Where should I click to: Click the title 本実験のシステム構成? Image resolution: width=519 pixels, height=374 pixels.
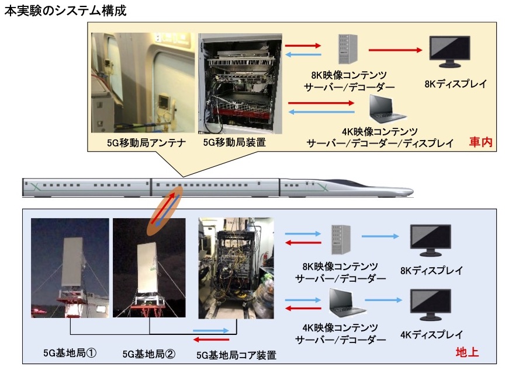[65, 11]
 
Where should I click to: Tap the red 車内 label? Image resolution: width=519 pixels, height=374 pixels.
[481, 142]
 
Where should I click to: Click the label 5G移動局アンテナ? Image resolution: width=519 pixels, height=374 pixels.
[144, 142]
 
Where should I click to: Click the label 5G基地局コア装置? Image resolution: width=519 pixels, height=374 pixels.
[236, 354]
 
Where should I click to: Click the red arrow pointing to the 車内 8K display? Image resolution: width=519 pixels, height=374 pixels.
[395, 50]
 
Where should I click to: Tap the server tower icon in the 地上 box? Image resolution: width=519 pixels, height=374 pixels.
[343, 239]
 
